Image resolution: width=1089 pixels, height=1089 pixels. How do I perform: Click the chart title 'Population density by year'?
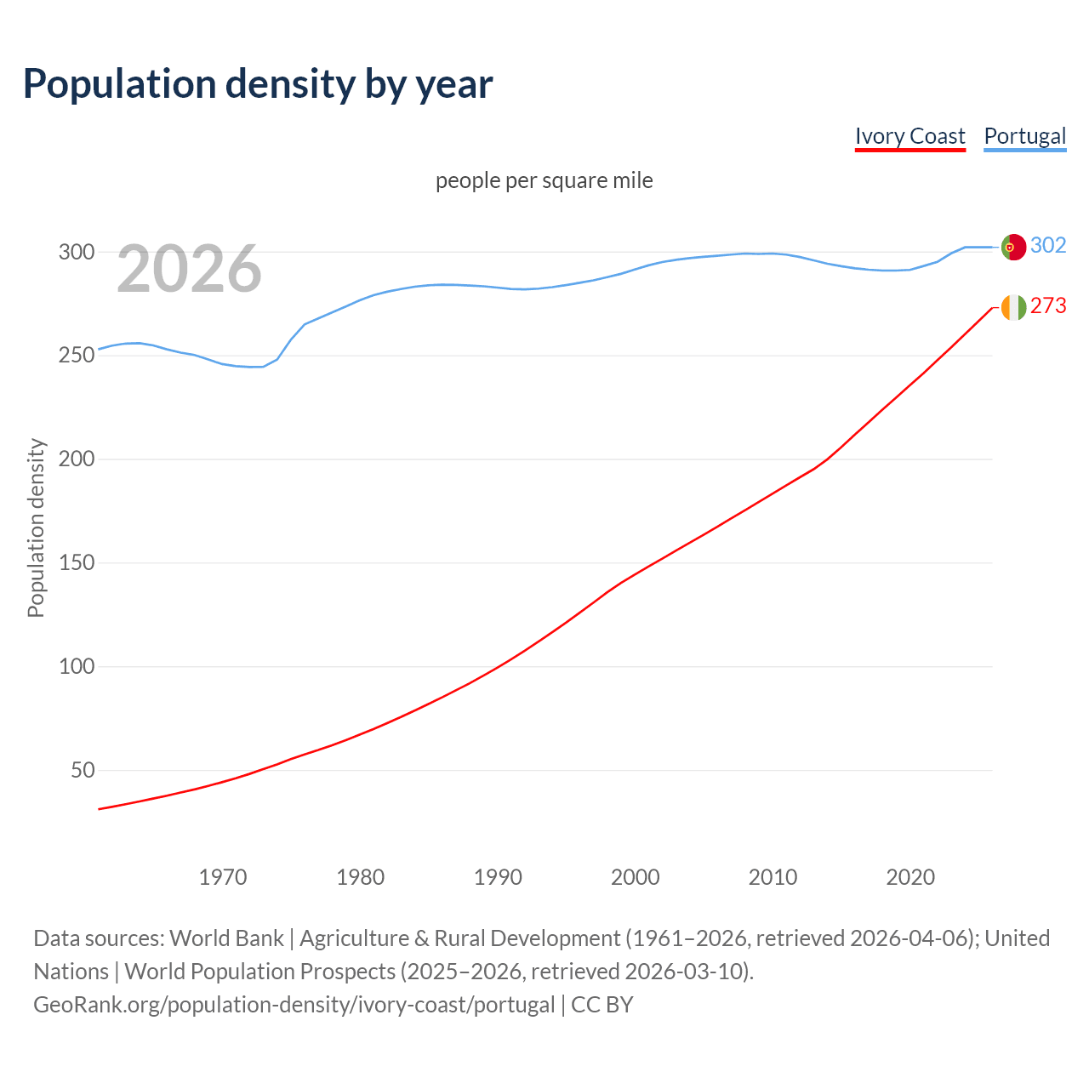tap(258, 84)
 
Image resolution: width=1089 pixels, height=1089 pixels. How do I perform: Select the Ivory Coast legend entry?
tap(909, 136)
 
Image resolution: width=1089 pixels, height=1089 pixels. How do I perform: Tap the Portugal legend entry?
tap(1024, 136)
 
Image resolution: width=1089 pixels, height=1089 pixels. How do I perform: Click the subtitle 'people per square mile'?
tap(544, 180)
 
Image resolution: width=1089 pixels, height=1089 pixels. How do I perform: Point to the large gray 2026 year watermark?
tap(189, 269)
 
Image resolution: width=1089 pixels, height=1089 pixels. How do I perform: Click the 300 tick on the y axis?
tap(76, 252)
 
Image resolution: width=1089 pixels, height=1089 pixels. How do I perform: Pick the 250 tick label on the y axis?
tap(76, 356)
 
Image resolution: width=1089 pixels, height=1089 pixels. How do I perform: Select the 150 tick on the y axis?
tap(76, 563)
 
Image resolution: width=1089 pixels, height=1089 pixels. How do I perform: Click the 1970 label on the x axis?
tap(223, 877)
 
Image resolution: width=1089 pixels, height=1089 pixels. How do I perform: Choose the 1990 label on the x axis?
tap(498, 877)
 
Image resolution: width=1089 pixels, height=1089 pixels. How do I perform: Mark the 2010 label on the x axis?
tap(773, 877)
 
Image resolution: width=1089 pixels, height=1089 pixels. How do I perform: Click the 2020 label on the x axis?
tap(910, 877)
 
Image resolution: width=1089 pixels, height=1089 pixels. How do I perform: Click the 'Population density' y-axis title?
tap(36, 527)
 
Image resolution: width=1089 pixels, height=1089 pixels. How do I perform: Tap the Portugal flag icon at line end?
tap(1013, 247)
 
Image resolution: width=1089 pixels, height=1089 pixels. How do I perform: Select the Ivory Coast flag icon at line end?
tap(1013, 307)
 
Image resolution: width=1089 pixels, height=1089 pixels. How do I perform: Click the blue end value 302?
tap(1048, 246)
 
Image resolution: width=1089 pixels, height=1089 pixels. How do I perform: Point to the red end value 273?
tap(1048, 306)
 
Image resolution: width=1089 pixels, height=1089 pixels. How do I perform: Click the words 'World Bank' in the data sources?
tap(226, 938)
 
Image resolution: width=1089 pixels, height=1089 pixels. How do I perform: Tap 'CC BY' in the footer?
tap(602, 1005)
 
